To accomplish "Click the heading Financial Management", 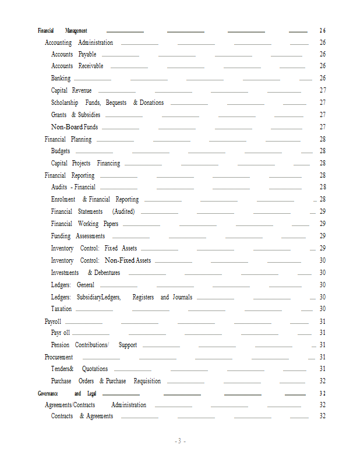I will pos(62,30).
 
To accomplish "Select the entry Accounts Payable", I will pos(73,54).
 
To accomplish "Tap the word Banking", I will pos(61,78).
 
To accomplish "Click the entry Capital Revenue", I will pos(71,90).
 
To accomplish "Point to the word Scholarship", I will pos(65,103).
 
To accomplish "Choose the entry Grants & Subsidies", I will pos(75,115).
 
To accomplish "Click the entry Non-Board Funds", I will pos(74,127).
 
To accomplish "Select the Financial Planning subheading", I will pos(68,139).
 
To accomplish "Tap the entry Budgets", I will pos(61,151).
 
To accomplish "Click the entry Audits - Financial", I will pos(73,187).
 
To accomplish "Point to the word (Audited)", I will pos(123,211).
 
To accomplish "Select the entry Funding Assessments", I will pos(78,236).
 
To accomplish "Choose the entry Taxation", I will pos(61,309).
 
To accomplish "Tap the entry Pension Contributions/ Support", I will pos(94,345).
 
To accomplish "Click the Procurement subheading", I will pos(59,357).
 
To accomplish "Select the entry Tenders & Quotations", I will pos(79,369).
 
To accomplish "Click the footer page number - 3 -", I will pos(180,441).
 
